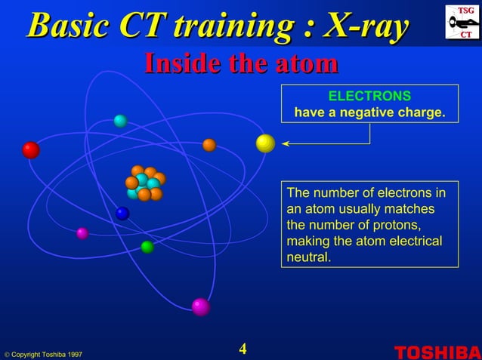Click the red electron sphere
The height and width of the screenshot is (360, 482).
point(31,150)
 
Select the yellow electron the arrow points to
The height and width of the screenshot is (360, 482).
point(265,143)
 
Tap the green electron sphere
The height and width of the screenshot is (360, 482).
point(147,247)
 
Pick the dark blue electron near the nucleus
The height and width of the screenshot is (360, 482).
point(122,213)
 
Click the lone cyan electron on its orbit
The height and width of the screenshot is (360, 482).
point(120,121)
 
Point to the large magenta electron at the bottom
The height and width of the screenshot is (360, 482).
point(200,306)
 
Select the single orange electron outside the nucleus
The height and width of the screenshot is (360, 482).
point(209,145)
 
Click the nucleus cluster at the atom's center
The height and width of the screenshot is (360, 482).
point(144,183)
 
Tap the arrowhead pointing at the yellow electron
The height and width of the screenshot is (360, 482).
point(286,143)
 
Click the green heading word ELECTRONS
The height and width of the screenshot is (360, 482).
point(369,97)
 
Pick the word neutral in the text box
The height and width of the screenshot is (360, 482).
point(309,257)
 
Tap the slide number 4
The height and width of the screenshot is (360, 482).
point(243,349)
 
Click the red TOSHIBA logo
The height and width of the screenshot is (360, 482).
point(437,351)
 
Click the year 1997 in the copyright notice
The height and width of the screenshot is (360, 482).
point(73,354)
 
